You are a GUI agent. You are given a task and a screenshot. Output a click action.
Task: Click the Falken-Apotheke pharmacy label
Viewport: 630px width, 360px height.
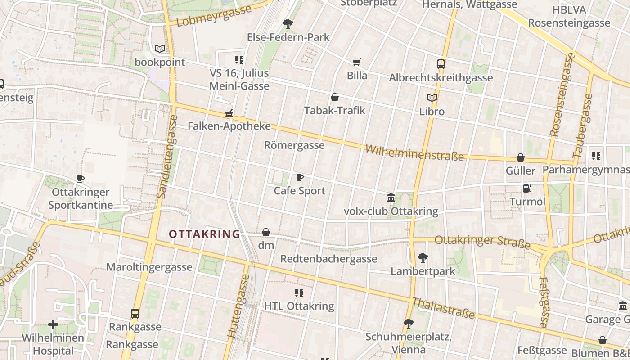229,126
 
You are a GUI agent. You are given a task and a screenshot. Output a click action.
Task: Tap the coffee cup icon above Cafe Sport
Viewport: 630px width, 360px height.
300,177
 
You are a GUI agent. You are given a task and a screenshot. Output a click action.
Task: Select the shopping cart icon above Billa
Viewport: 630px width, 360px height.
357,62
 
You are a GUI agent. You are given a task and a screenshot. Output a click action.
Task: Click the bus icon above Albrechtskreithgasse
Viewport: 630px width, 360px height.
441,64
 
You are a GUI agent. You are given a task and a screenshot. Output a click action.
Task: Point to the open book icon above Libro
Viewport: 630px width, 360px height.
432,98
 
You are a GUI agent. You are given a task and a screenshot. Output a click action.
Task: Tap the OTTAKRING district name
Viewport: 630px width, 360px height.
204,234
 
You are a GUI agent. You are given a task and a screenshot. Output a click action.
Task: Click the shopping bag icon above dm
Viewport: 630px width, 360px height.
266,232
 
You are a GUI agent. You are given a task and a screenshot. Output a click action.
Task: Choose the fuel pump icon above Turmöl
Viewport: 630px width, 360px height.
527,189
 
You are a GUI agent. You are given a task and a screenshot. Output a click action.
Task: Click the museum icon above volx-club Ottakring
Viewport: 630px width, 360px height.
391,198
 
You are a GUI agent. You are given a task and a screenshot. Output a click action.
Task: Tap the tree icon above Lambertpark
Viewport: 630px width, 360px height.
423,258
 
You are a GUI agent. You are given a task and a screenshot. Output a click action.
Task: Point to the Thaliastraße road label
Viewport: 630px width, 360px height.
444,308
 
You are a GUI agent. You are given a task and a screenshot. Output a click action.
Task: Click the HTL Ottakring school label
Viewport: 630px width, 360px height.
299,306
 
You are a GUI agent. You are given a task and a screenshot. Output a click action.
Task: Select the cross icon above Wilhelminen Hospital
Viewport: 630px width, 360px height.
53,324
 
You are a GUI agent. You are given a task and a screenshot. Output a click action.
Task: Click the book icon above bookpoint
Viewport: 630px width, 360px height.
160,49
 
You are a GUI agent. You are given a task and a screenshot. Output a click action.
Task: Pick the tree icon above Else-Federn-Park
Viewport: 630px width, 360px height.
288,23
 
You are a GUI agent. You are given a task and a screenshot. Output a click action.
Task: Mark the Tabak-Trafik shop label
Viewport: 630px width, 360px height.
334,110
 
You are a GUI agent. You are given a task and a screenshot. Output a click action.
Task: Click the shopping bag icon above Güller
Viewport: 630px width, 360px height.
521,157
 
